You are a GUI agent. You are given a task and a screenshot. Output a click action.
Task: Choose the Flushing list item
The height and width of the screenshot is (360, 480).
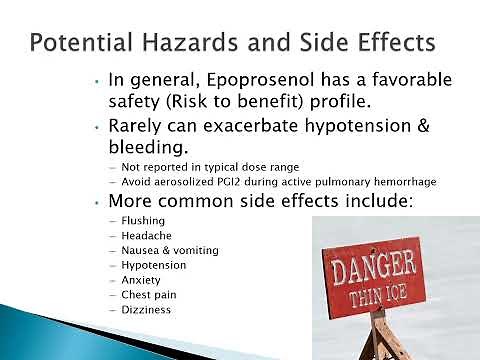coord(143,220)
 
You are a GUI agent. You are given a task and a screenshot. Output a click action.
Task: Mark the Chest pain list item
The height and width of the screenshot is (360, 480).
coord(146,295)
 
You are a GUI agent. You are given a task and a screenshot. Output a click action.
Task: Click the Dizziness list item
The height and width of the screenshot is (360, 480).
coord(146,310)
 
